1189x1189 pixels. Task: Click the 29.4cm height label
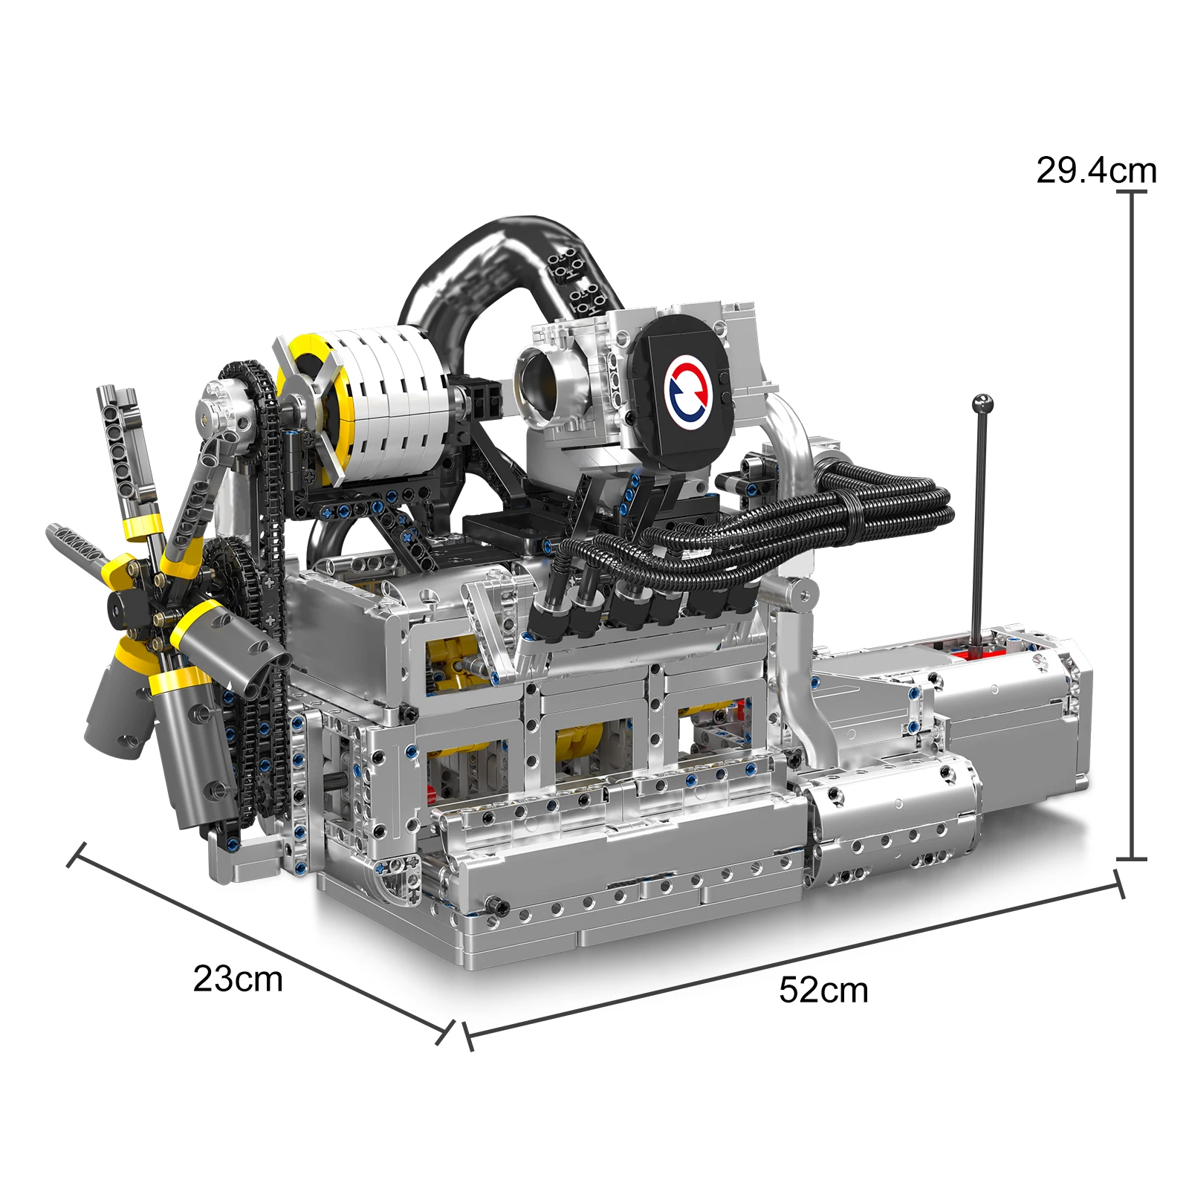pos(1096,171)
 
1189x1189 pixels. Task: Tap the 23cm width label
pos(238,979)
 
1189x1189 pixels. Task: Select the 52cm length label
pos(823,990)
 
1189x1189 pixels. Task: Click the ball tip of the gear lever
pos(982,404)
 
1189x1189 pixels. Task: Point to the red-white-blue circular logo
pos(690,388)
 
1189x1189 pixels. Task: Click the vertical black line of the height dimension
pos(1131,520)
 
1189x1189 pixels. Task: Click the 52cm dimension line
pos(795,959)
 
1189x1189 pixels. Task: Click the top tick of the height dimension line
pos(1131,192)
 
